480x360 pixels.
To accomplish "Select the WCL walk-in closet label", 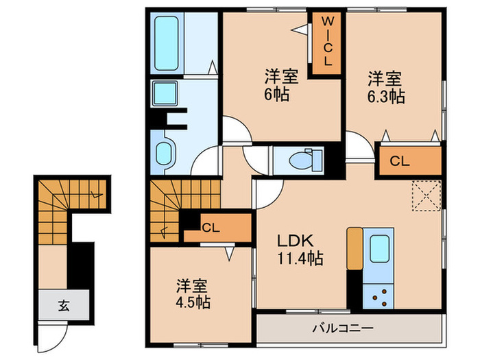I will pyautogui.click(x=327, y=42).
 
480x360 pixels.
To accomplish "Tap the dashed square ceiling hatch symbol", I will pyautogui.click(x=426, y=195).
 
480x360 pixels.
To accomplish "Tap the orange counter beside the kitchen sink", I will pyautogui.click(x=354, y=248).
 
